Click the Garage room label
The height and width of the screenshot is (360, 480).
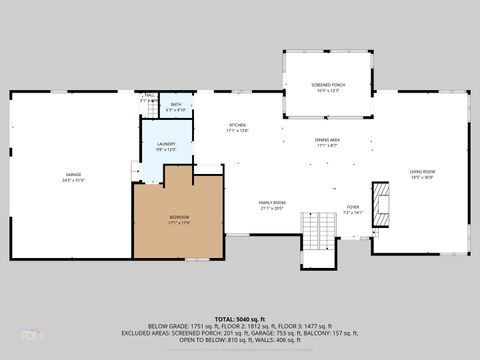pos(69,174)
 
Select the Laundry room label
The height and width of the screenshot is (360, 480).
pos(165,144)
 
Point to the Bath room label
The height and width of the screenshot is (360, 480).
pos(176,104)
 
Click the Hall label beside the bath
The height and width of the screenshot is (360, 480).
pos(148,96)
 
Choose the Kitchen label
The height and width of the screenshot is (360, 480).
pos(237,125)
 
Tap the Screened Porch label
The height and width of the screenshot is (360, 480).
pos(328,86)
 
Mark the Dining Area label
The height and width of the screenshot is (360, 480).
pos(328,140)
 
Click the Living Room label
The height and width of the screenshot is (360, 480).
pos(421,171)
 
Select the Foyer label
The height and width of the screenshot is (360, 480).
pos(353,207)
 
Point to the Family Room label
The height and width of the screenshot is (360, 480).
pos(273,203)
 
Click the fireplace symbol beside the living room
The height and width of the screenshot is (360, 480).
pos(381,203)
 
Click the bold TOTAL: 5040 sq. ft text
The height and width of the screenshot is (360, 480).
pos(240,319)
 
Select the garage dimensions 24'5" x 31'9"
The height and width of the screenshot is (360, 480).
pos(69,180)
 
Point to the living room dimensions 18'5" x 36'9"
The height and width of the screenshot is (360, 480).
pos(421,177)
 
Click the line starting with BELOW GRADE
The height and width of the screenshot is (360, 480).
pos(240,326)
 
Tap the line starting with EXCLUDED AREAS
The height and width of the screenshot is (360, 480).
pos(240,333)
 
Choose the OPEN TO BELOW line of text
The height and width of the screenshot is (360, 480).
pos(240,340)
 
